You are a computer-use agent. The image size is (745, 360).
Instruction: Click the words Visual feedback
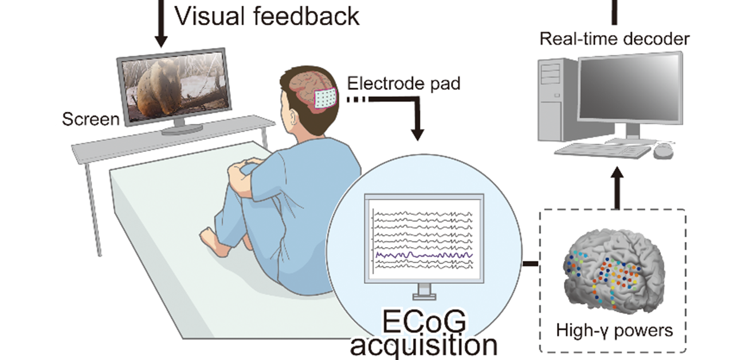(266, 16)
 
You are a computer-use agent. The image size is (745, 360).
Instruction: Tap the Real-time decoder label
(614, 40)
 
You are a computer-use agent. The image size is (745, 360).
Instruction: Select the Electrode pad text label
(403, 84)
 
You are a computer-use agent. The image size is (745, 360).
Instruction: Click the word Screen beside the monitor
(91, 119)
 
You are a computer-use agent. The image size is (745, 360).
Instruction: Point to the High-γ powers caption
(614, 331)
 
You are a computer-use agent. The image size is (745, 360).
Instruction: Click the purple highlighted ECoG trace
(424, 254)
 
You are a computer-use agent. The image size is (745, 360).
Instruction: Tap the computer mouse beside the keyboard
(663, 150)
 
